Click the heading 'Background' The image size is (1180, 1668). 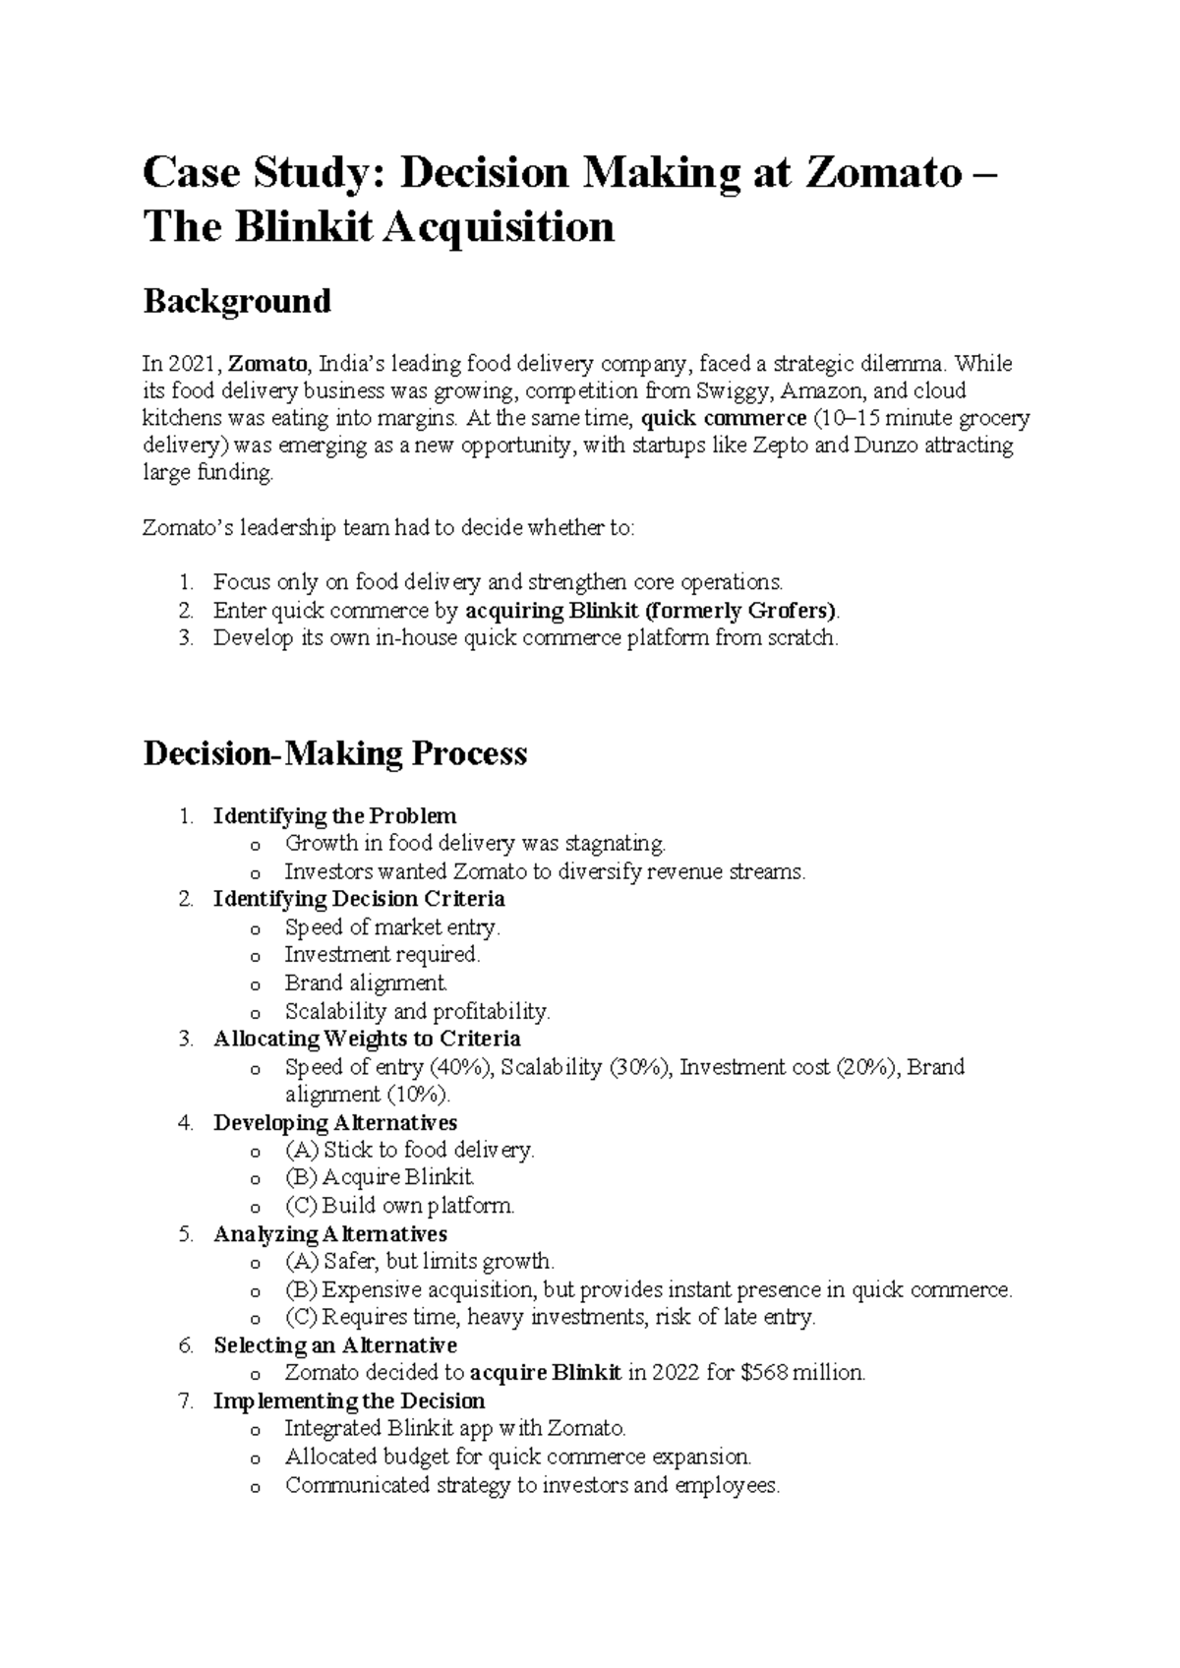tap(237, 301)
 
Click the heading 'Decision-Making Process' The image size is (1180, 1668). tap(335, 753)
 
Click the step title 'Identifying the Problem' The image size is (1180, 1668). tap(334, 816)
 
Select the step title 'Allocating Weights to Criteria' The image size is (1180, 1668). tap(367, 1040)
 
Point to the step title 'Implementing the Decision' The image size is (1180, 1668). tap(349, 1400)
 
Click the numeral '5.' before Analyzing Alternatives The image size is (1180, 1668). tap(187, 1234)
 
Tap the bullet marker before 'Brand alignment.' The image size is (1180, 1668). tap(257, 984)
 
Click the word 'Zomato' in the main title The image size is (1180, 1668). tap(882, 174)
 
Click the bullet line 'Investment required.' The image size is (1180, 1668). tap(382, 955)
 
